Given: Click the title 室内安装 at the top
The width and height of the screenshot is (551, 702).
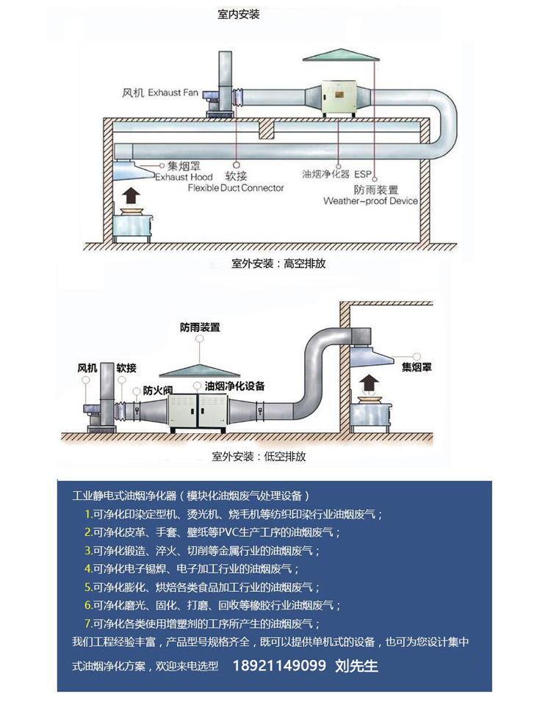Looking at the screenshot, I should click(239, 14).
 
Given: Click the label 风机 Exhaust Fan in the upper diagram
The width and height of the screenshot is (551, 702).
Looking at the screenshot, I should click(160, 93).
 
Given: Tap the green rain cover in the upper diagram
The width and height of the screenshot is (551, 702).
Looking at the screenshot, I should click(338, 57).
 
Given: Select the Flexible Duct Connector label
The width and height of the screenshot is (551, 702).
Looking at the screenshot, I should click(235, 187).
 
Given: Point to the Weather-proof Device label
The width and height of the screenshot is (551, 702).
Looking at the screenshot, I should click(370, 200).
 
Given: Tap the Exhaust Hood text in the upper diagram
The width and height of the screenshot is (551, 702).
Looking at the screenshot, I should click(184, 177).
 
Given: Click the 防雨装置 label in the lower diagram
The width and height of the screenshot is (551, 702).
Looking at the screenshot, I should click(200, 328).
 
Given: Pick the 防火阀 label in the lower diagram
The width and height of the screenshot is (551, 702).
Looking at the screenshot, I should click(157, 390).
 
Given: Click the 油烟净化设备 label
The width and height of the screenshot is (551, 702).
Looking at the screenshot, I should click(234, 386).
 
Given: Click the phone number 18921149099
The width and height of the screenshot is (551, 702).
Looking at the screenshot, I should click(279, 666).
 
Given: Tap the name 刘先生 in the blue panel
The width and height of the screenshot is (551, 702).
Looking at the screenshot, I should click(356, 666).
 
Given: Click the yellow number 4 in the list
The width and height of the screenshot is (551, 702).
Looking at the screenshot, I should click(87, 568).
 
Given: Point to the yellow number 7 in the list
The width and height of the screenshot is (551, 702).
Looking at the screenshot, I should click(87, 623).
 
